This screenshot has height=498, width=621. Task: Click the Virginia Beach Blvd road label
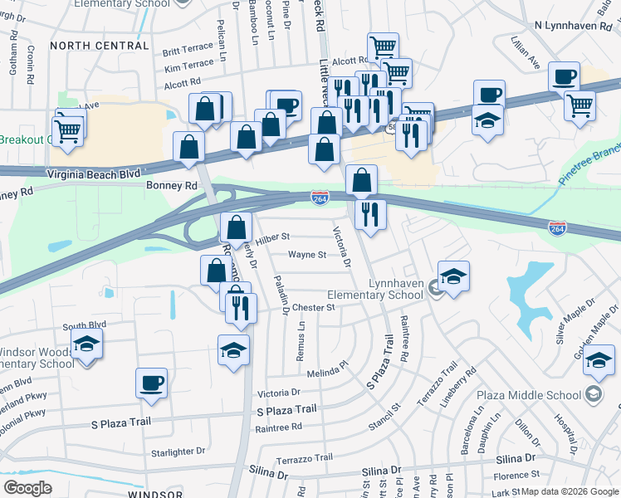click(94, 174)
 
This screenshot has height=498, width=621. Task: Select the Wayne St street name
click(306, 255)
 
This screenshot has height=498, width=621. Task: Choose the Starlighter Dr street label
click(176, 452)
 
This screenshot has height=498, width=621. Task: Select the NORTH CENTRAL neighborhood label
click(99, 46)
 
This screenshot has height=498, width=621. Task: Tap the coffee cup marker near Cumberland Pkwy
click(151, 383)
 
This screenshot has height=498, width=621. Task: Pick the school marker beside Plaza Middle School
click(598, 359)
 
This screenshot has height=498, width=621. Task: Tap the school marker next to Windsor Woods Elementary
click(86, 343)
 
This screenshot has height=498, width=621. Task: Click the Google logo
click(27, 488)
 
